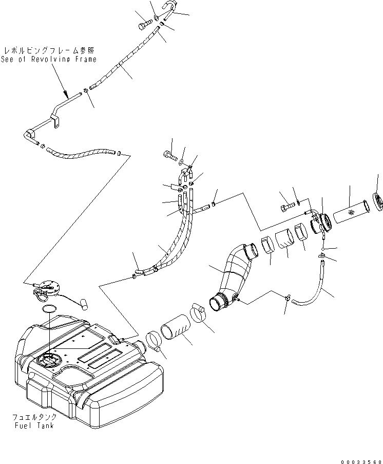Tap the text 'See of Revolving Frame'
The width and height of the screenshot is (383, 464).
click(x=48, y=59)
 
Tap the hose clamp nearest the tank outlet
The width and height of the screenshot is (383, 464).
click(x=155, y=341)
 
